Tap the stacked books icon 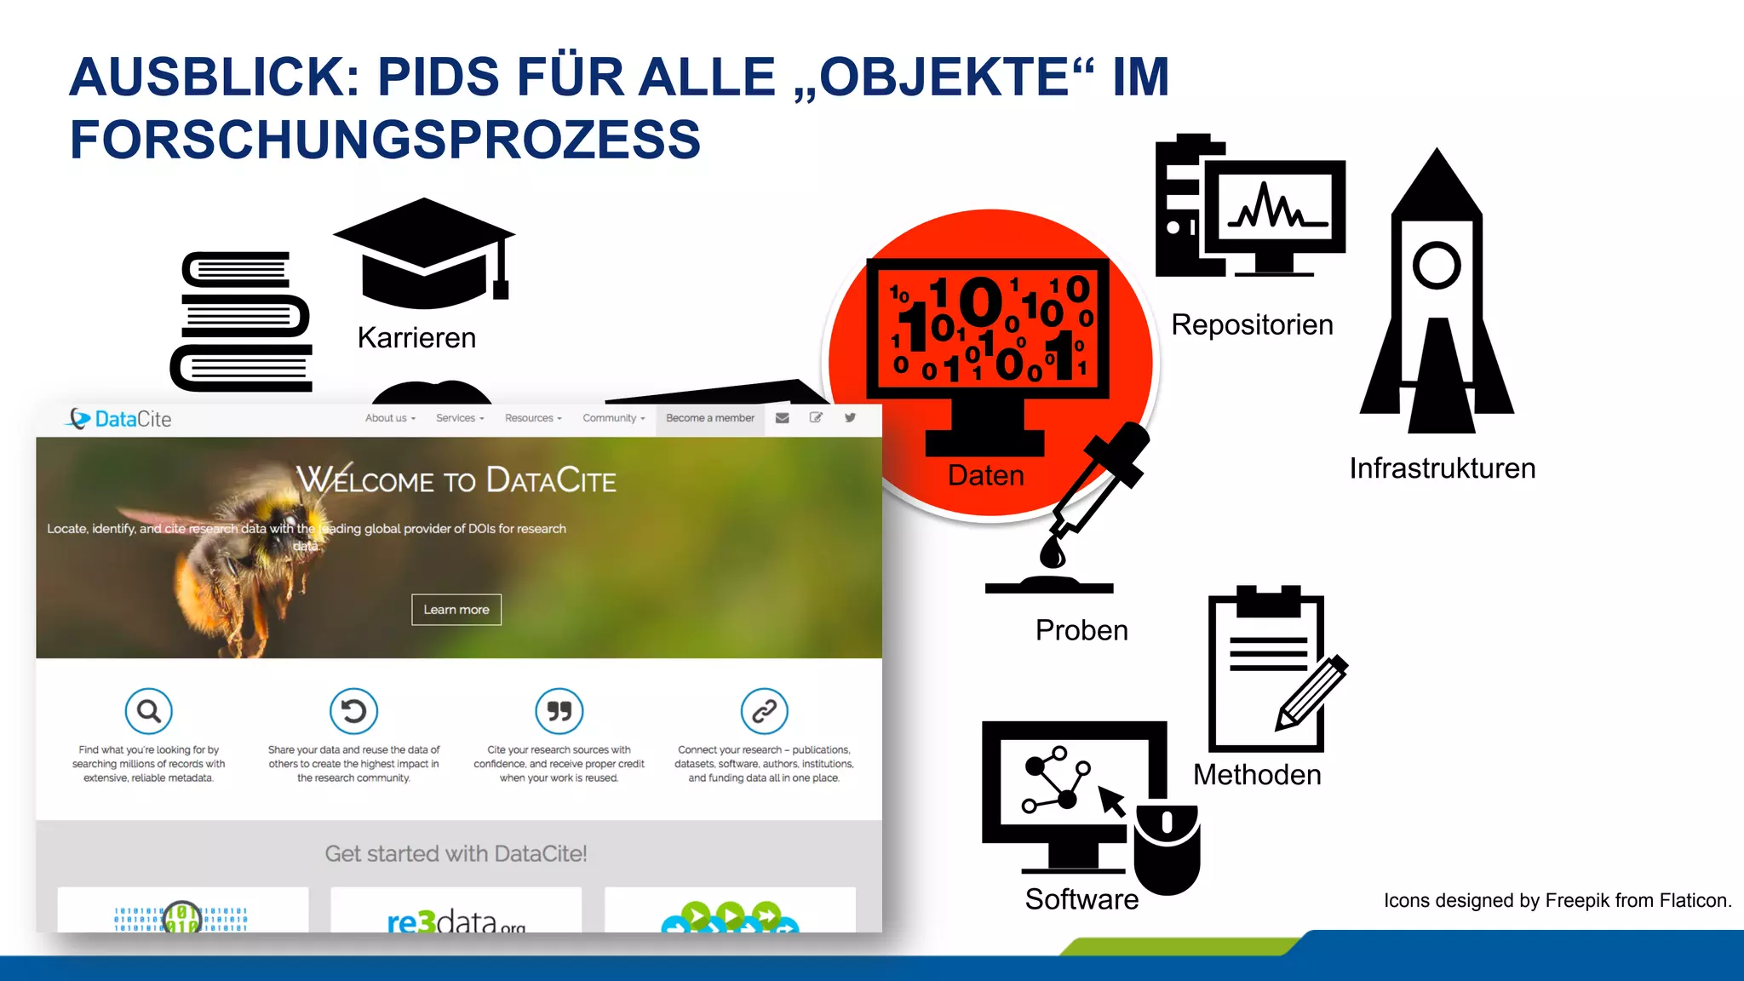(x=242, y=322)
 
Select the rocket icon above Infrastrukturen (x=1437, y=294)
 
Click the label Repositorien (x=1252, y=325)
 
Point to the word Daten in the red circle (x=986, y=475)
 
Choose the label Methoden (x=1257, y=775)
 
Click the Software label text (x=1081, y=899)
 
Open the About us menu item (x=390, y=418)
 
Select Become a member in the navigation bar (x=710, y=418)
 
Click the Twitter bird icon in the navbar (x=850, y=418)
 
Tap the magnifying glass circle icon (x=149, y=711)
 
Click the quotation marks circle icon (x=559, y=711)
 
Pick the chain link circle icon (x=764, y=711)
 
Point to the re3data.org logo (x=456, y=921)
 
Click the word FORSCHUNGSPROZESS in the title (x=385, y=140)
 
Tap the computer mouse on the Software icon (x=1167, y=846)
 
